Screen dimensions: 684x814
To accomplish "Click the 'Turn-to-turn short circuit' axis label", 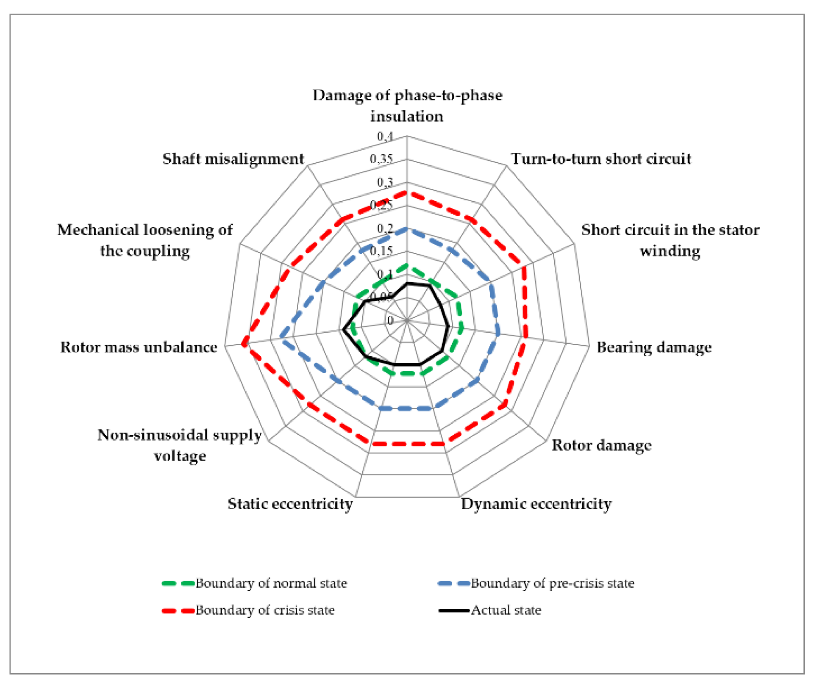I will click(x=601, y=159).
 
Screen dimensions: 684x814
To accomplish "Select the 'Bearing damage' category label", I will click(x=654, y=347).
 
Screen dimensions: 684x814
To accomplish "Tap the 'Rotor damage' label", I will click(x=601, y=445).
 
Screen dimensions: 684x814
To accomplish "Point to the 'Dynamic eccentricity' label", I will click(x=536, y=504).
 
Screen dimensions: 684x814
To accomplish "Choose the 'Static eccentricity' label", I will click(x=290, y=504).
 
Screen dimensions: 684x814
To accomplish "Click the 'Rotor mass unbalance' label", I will click(x=139, y=347).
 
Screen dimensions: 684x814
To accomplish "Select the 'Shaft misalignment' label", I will click(x=233, y=159).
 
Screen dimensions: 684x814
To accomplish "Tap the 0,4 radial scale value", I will click(x=385, y=136).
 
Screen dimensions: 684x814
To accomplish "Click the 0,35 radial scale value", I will click(x=381, y=159).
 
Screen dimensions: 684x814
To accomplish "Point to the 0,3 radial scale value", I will click(x=385, y=182).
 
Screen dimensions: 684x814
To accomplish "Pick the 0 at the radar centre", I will click(x=390, y=320).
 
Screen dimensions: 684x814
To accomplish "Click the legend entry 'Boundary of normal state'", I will click(x=271, y=583).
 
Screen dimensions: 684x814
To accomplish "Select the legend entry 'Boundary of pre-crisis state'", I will click(x=552, y=583).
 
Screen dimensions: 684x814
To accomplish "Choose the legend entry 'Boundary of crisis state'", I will click(x=265, y=610).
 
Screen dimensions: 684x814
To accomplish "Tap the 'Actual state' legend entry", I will click(x=506, y=610).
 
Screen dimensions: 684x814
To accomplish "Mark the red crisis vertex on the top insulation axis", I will click(x=407, y=193).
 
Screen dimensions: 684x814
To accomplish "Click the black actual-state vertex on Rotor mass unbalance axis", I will click(x=344, y=329).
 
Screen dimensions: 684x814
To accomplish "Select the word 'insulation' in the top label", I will click(x=407, y=116).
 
